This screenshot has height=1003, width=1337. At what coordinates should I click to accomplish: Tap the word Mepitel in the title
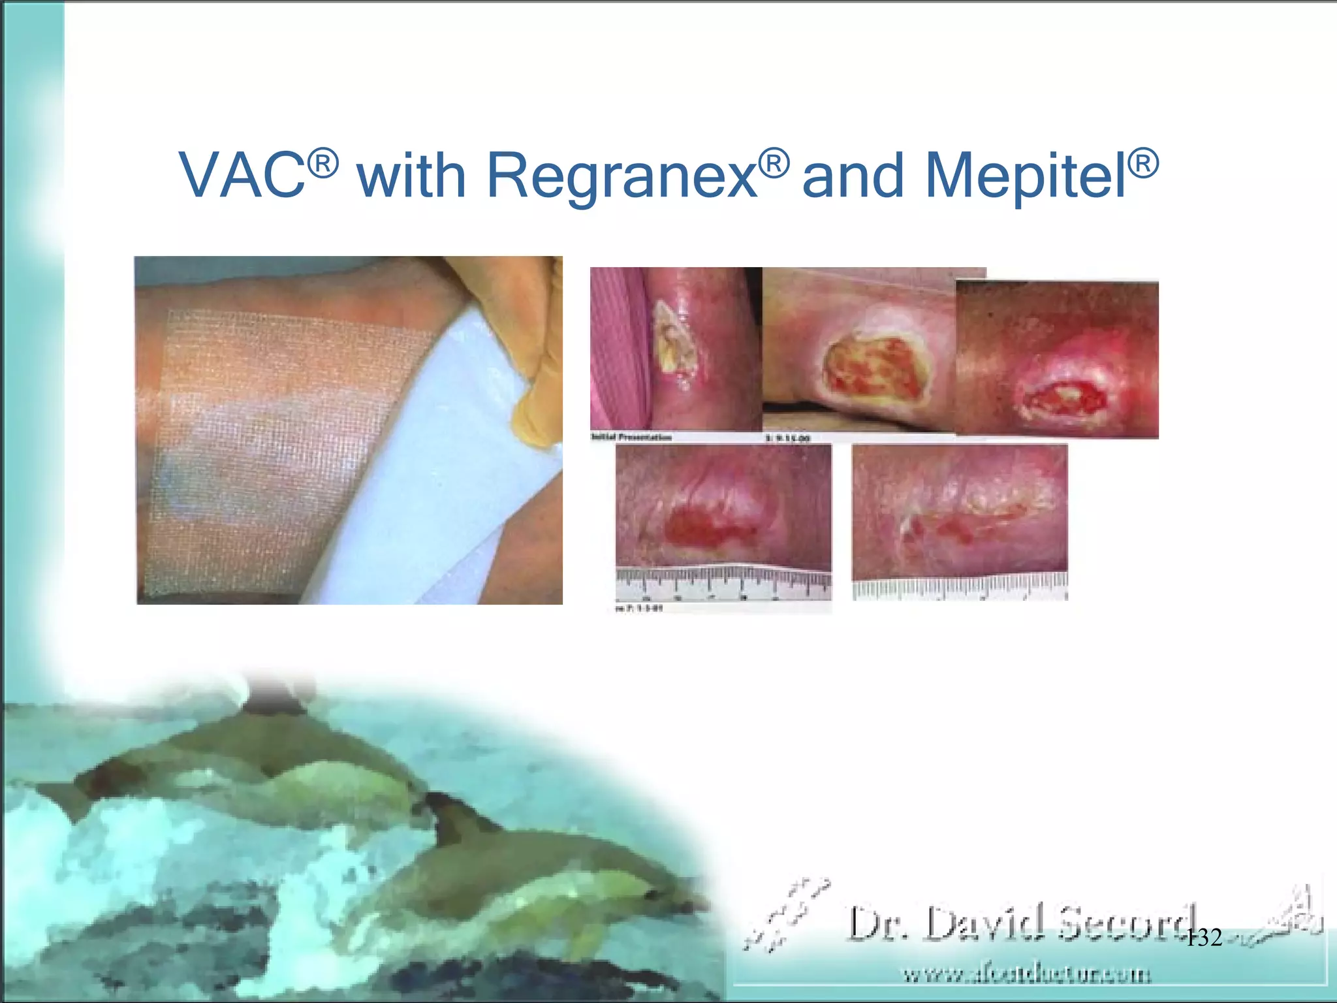point(1026,175)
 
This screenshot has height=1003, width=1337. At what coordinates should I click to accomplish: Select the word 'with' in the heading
point(411,175)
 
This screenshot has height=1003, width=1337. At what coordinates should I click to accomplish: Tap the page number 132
point(1203,938)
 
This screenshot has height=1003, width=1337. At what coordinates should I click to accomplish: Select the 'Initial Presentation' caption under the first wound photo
point(631,437)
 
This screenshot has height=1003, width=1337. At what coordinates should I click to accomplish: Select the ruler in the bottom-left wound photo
point(723,583)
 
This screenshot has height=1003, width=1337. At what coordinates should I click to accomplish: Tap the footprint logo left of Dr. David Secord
point(787,914)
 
